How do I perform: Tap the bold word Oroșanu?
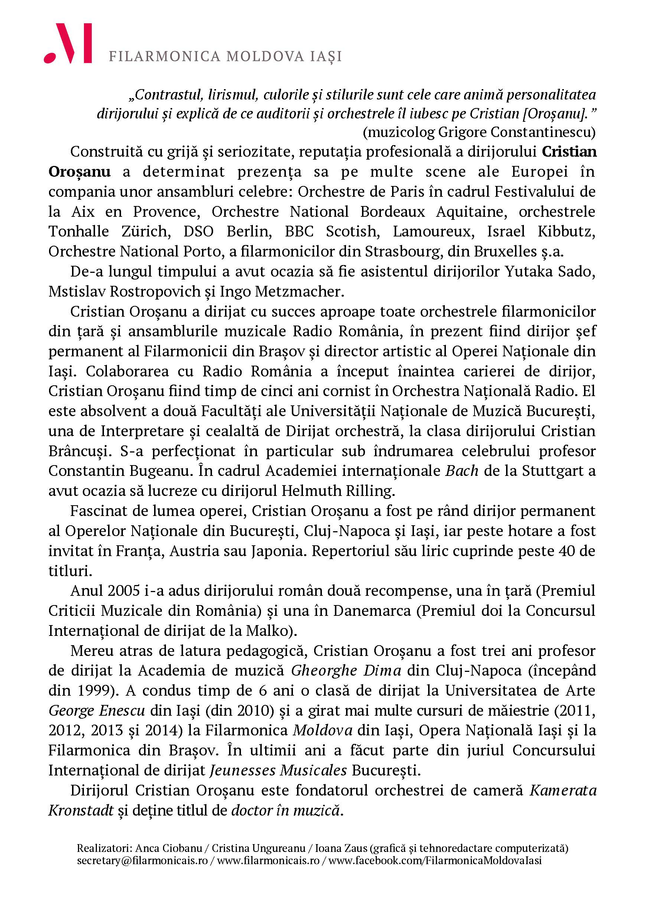79,171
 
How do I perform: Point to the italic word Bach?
462,471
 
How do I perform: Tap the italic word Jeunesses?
242,771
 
